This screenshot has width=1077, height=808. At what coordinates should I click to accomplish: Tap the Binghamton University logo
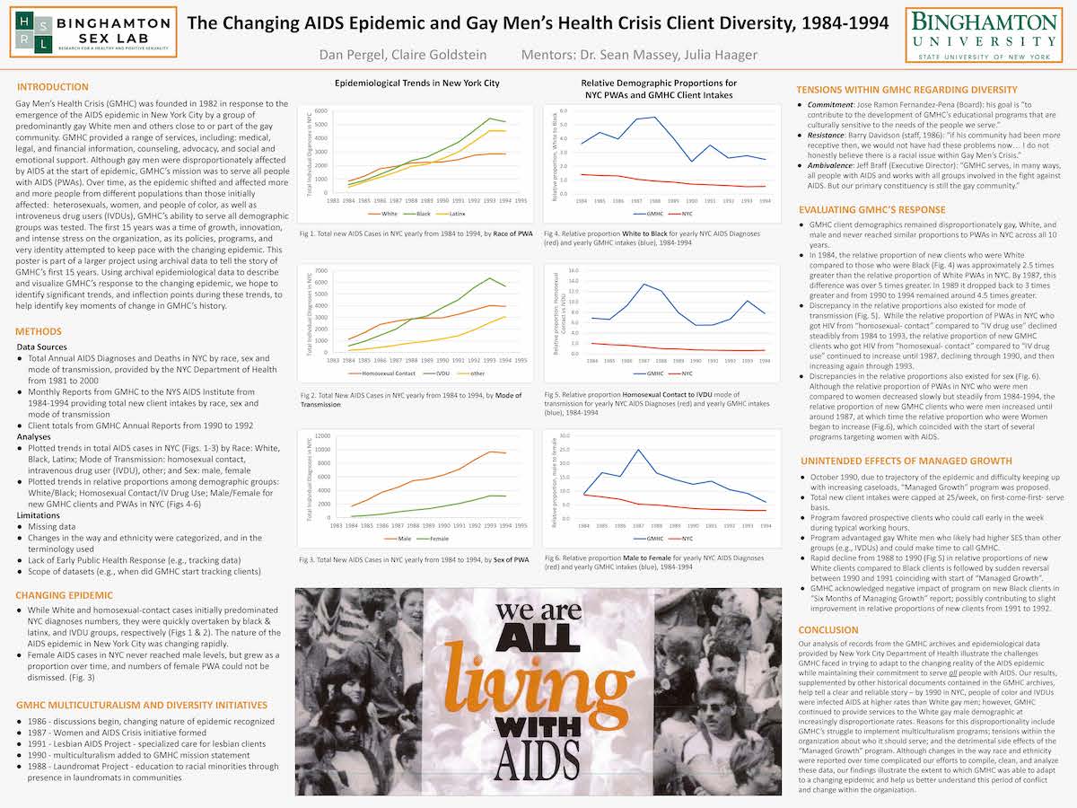tap(980, 32)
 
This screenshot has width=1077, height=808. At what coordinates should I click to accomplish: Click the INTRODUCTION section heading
tap(53, 87)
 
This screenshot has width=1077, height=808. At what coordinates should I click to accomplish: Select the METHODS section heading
tap(39, 331)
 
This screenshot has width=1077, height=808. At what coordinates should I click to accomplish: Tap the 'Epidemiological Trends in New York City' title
tap(417, 83)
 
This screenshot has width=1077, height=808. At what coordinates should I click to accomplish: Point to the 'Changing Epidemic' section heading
tap(64, 594)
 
